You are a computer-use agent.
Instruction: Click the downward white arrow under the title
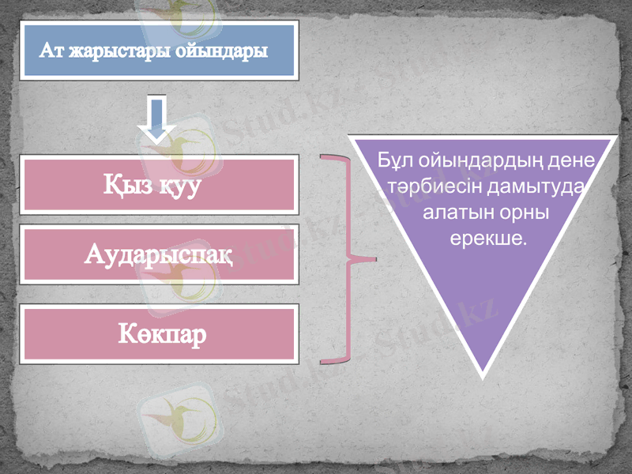157,118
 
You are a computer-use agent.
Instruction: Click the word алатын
449,213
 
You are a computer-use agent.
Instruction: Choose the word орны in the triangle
523,213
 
